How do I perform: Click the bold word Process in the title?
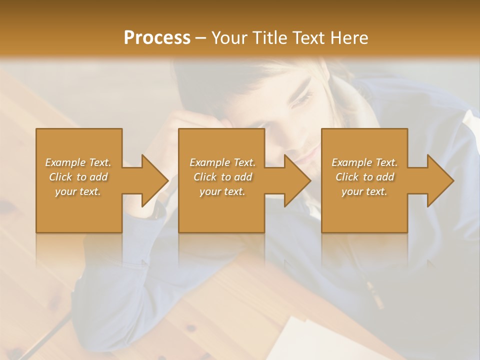click(x=157, y=37)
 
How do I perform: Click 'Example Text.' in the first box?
click(x=78, y=162)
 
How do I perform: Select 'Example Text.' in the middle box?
click(x=222, y=162)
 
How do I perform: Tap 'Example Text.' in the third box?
click(x=364, y=162)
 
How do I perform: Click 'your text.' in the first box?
click(x=78, y=191)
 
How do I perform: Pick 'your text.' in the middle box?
click(x=222, y=191)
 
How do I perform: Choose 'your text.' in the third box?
click(x=364, y=191)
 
